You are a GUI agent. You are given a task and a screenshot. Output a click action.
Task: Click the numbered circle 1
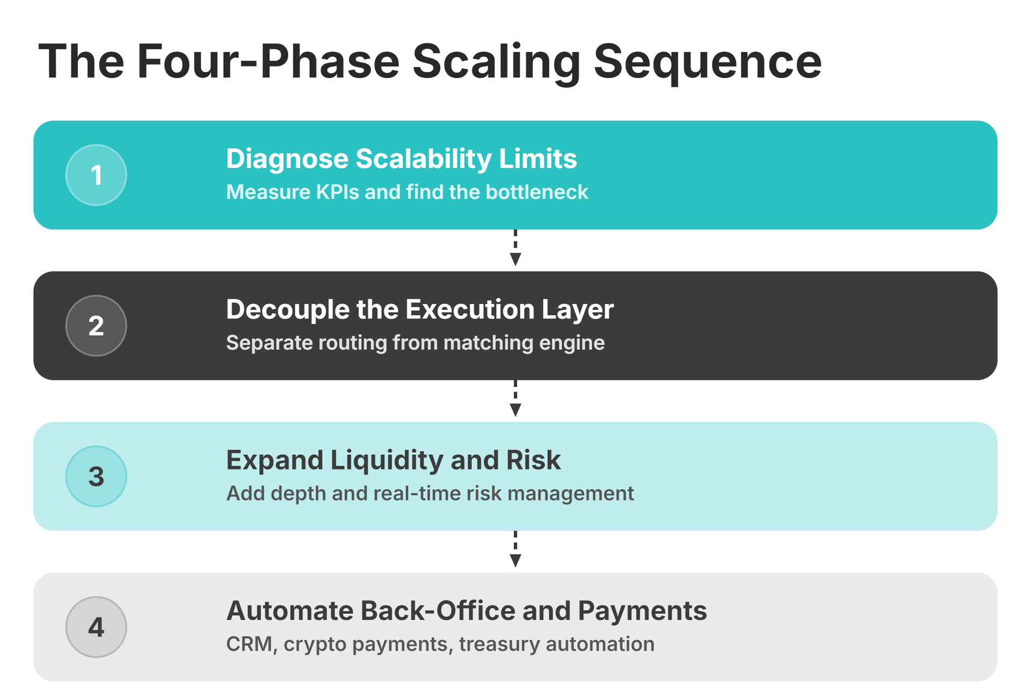pyautogui.click(x=96, y=175)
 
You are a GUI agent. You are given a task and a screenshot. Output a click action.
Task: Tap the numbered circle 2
pyautogui.click(x=96, y=325)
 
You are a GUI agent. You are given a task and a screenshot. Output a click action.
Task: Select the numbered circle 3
pyautogui.click(x=96, y=476)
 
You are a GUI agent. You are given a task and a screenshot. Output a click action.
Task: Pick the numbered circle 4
pyautogui.click(x=96, y=627)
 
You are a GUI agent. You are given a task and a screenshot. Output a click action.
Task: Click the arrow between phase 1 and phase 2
pyautogui.click(x=515, y=249)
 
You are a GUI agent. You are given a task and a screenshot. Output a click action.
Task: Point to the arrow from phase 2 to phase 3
pyautogui.click(x=515, y=399)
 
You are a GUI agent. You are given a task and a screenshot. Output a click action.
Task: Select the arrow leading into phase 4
pyautogui.click(x=515, y=550)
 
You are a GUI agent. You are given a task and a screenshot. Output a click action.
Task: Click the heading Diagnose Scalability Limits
pyautogui.click(x=401, y=159)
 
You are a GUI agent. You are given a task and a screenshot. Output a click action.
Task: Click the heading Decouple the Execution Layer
pyautogui.click(x=419, y=310)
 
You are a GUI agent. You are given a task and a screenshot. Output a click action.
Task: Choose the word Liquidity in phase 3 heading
pyautogui.click(x=387, y=461)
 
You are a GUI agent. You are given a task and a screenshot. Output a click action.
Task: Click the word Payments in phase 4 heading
pyautogui.click(x=642, y=611)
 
